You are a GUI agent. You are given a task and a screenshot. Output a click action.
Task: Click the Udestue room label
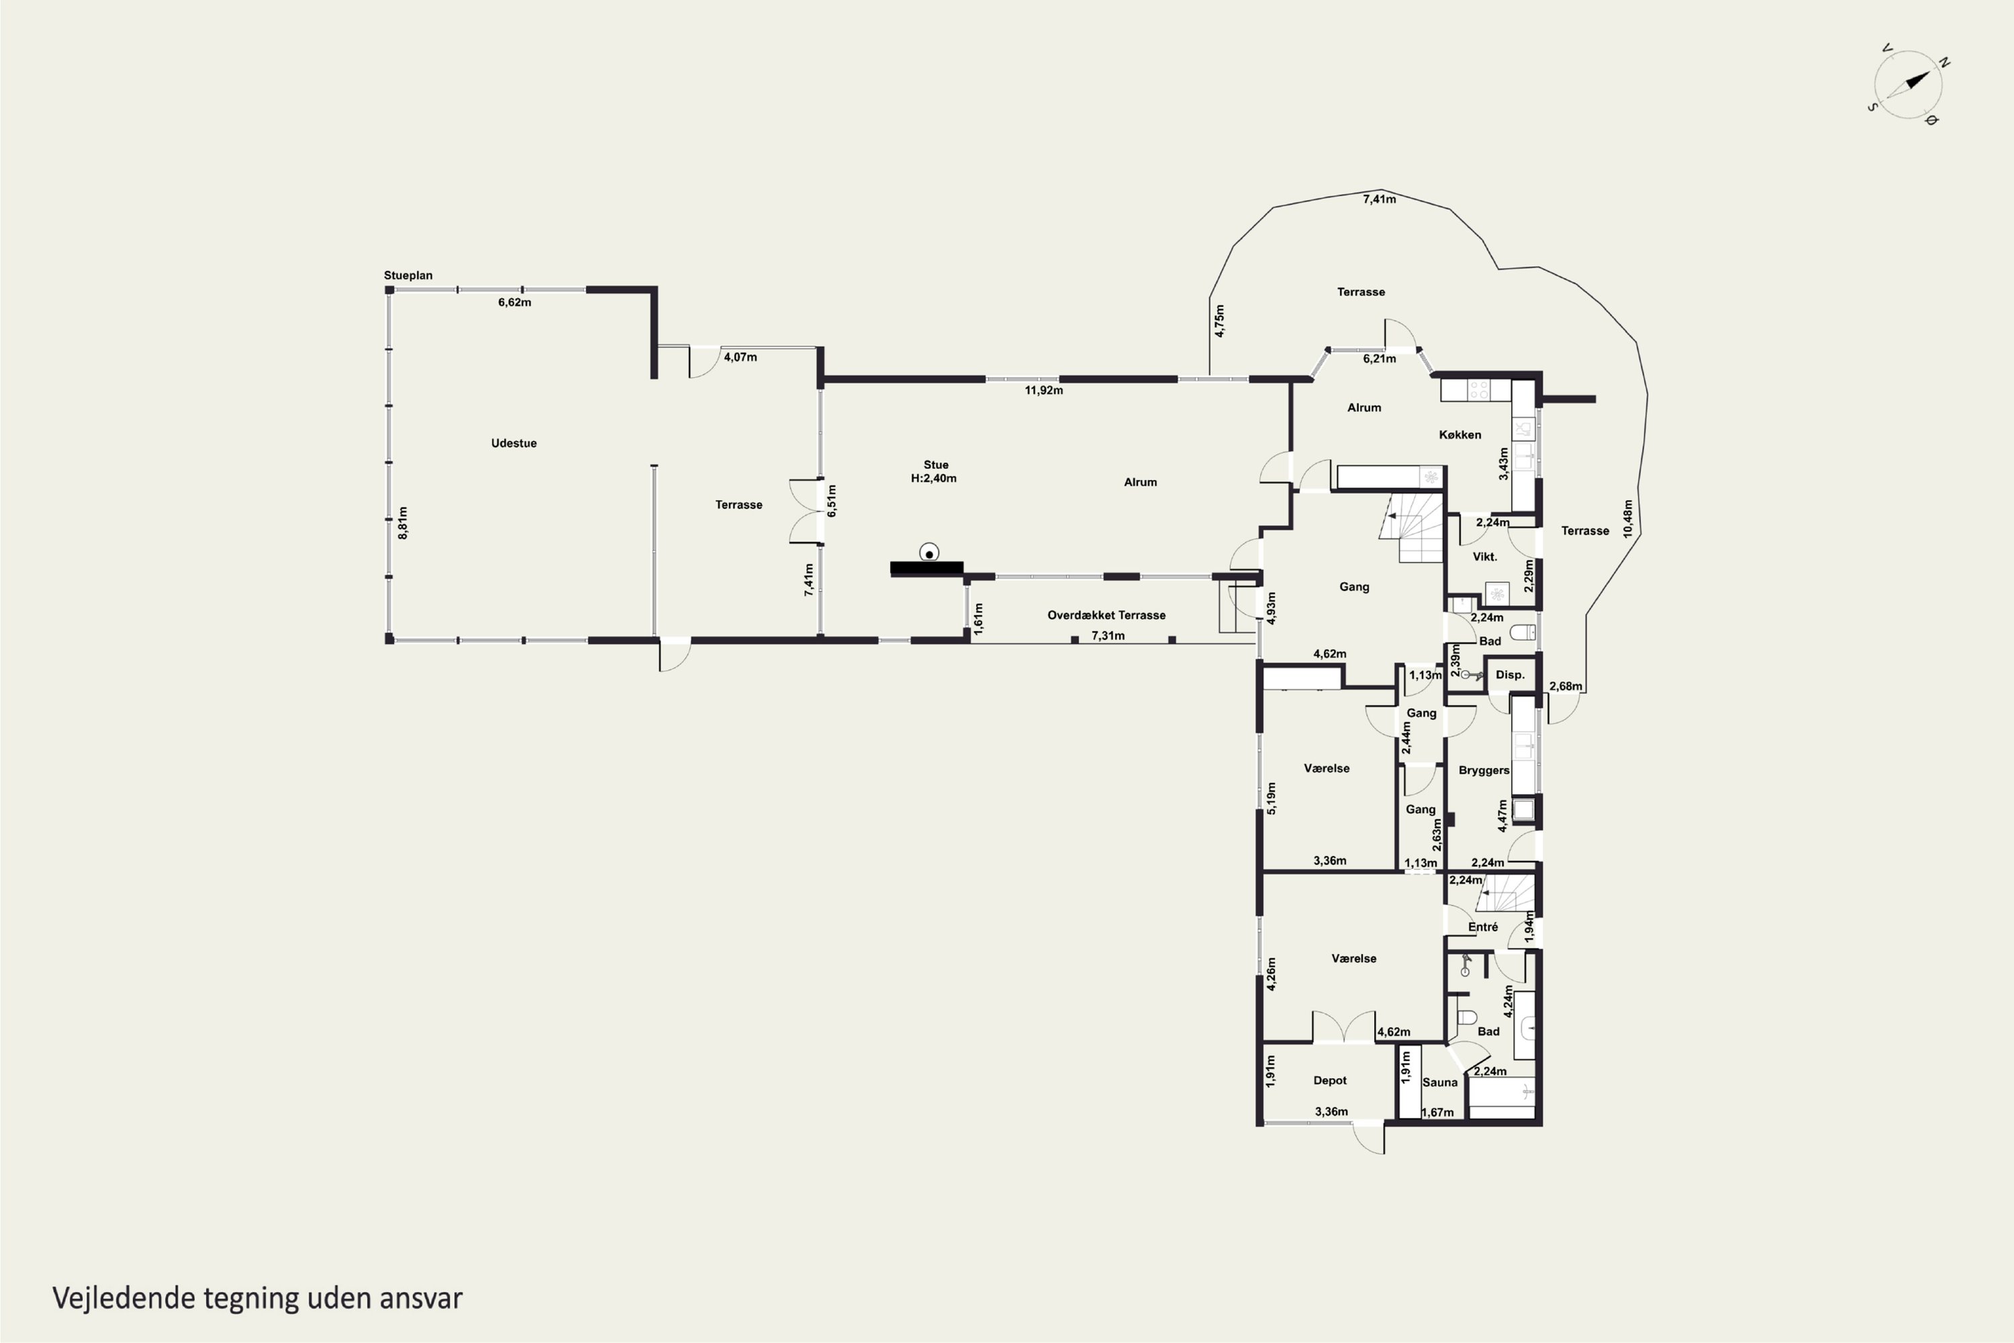(x=514, y=443)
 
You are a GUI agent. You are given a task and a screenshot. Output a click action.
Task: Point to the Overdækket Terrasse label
(x=1106, y=615)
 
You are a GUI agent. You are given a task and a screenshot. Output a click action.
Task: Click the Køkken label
(x=1460, y=435)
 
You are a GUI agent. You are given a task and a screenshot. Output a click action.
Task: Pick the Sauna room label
(x=1439, y=1082)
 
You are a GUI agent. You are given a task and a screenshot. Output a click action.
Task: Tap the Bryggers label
(x=1484, y=771)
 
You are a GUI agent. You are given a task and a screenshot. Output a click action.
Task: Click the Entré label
(x=1483, y=927)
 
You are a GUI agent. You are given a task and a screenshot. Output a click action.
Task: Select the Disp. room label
(x=1510, y=675)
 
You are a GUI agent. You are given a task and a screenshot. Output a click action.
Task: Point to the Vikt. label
(x=1485, y=557)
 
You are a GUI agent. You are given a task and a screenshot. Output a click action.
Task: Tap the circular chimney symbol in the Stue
(x=929, y=553)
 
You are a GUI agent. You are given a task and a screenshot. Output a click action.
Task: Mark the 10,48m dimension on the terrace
(x=1628, y=518)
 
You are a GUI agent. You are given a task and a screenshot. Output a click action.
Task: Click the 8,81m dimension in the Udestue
(x=403, y=522)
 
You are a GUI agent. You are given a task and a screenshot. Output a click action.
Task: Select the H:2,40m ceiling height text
(x=933, y=479)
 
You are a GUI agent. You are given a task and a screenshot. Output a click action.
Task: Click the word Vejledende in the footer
(x=124, y=1299)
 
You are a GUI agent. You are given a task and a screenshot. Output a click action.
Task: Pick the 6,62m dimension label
(x=515, y=302)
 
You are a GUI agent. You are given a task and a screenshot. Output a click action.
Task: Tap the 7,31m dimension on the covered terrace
(x=1108, y=635)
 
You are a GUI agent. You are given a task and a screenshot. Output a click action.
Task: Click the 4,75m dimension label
(x=1220, y=320)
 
